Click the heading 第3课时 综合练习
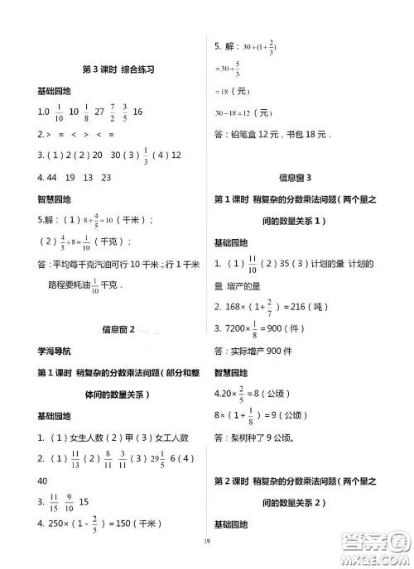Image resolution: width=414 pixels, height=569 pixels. (x=108, y=69)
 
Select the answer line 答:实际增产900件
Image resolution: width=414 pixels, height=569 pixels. (x=260, y=350)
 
